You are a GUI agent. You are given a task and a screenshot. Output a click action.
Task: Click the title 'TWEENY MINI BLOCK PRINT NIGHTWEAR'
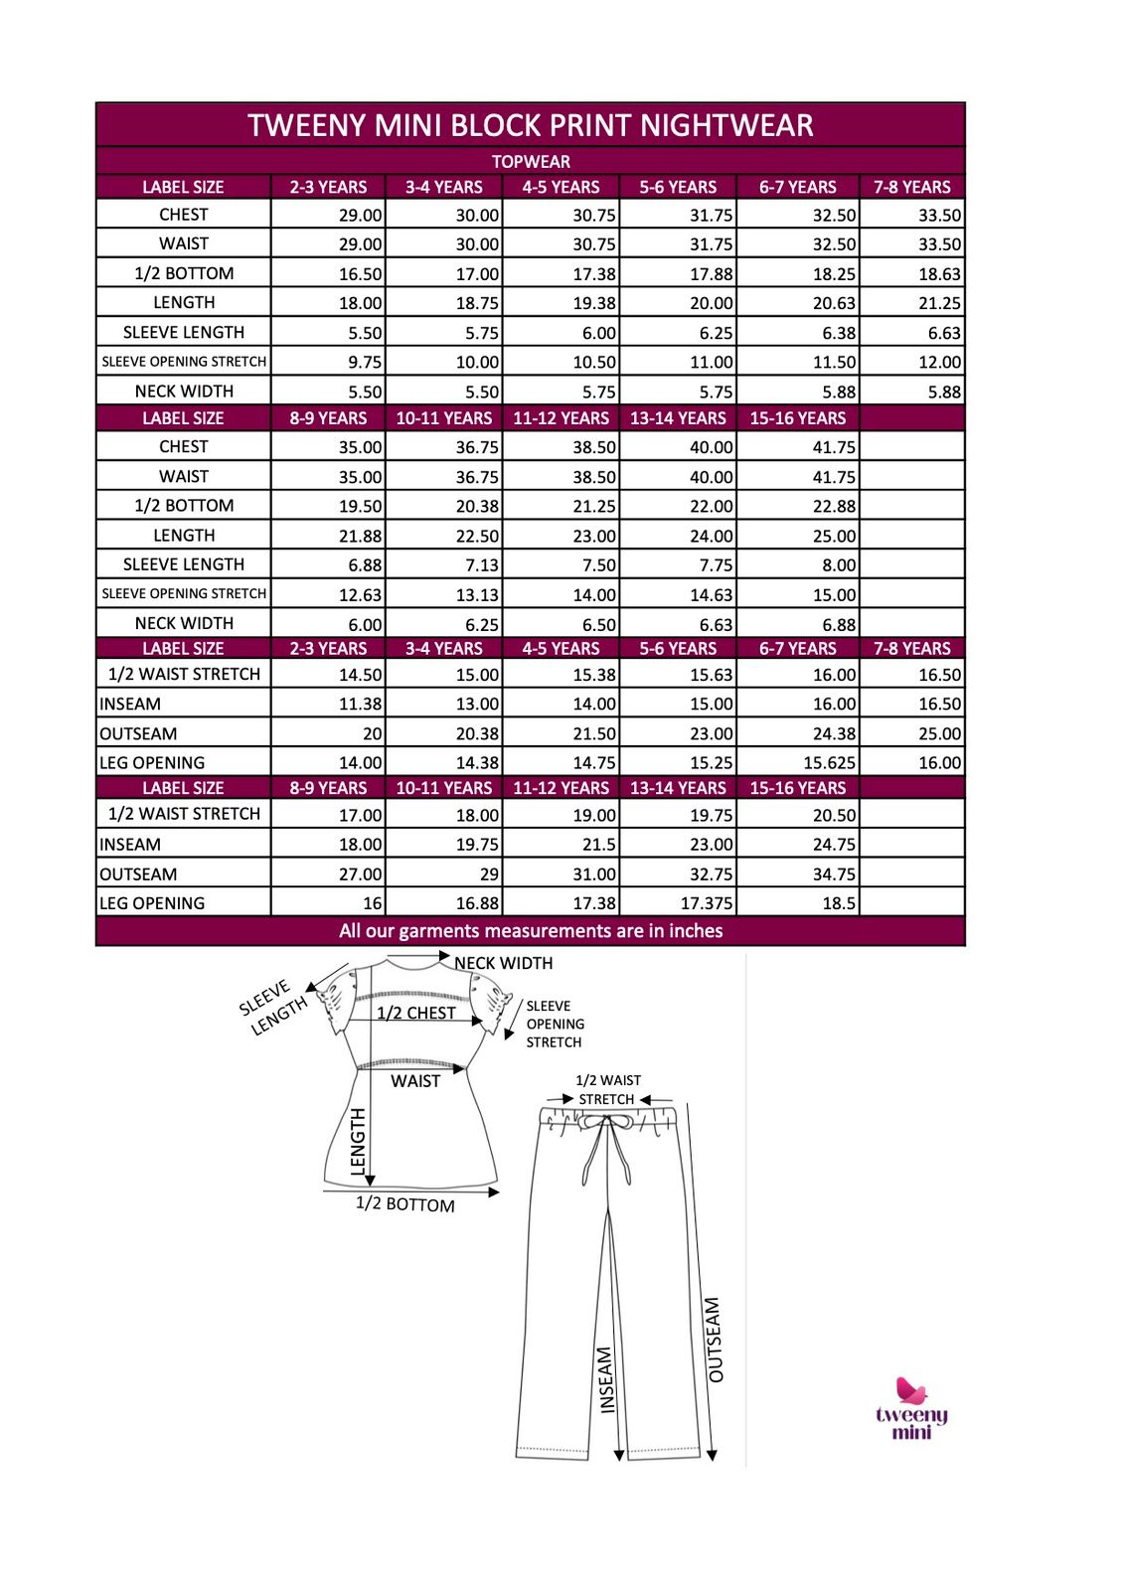point(531,125)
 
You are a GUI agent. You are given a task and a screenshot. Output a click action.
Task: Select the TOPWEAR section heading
point(531,161)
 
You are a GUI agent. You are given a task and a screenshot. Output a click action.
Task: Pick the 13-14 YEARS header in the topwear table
point(678,418)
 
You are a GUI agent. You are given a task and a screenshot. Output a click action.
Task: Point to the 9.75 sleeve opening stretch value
point(365,363)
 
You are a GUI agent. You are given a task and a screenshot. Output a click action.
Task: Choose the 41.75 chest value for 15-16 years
point(834,447)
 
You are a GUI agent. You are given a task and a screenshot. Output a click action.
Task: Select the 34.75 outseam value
point(834,874)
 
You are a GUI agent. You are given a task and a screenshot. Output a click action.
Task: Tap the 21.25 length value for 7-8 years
point(939,303)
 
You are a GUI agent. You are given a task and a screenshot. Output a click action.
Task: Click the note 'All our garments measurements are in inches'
point(531,931)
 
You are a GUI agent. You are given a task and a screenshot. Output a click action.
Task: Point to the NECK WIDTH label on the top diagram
point(503,963)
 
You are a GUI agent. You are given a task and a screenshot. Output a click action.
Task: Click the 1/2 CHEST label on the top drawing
point(415,1013)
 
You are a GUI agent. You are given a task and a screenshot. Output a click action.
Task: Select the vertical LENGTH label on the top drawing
point(359,1142)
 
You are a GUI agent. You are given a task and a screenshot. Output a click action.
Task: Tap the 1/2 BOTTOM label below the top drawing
point(405,1204)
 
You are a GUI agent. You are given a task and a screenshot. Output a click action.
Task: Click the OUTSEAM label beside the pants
point(715,1340)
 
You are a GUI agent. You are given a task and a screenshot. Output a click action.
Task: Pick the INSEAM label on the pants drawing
point(606,1379)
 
